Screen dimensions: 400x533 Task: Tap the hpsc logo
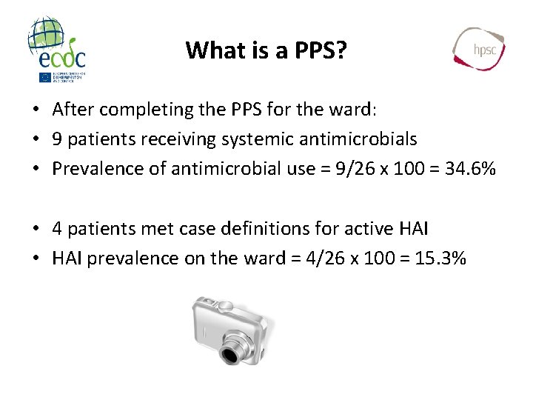tap(479, 48)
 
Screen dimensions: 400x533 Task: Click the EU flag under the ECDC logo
tap(44, 77)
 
